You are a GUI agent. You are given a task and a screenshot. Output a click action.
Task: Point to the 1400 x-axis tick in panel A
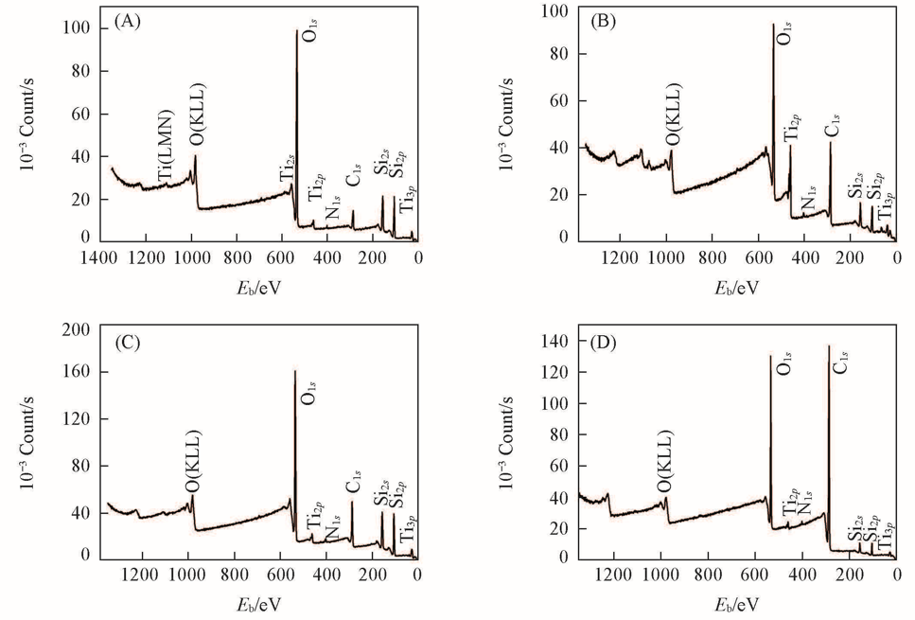[100, 256]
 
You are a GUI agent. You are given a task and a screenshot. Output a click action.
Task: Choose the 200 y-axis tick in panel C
[76, 328]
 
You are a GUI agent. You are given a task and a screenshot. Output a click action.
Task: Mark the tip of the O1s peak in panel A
[297, 31]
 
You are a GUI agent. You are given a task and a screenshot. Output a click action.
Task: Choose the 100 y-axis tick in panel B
[551, 10]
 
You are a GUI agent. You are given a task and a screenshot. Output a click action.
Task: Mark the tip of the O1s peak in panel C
[294, 372]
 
